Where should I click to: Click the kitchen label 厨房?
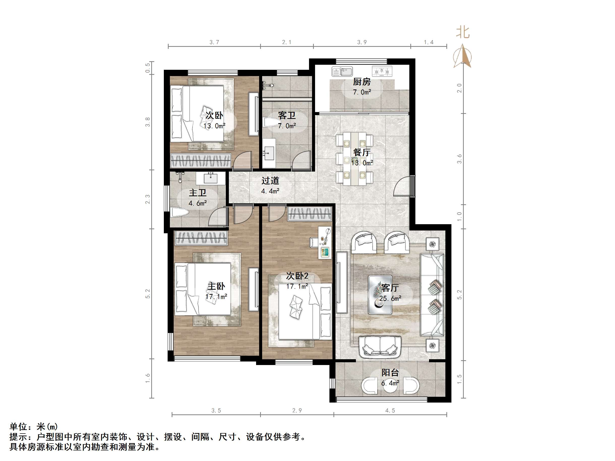coord(361,82)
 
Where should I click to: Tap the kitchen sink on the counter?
coord(342,72)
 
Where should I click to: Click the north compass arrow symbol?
coord(462,56)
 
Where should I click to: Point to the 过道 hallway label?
coord(270,181)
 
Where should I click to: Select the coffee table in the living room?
coord(380,295)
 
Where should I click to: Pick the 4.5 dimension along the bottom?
coord(390,410)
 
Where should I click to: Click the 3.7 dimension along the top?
coord(214,42)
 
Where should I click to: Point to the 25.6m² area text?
coord(390,299)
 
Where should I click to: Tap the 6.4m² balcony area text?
coord(390,383)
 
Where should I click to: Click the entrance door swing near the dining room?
coord(402,187)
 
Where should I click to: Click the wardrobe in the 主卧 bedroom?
coord(201,238)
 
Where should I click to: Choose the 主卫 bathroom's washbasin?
coord(210,178)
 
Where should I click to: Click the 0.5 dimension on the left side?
coord(148,68)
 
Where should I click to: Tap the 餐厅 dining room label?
coord(361,152)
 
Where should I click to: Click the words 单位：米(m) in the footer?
coord(34,426)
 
